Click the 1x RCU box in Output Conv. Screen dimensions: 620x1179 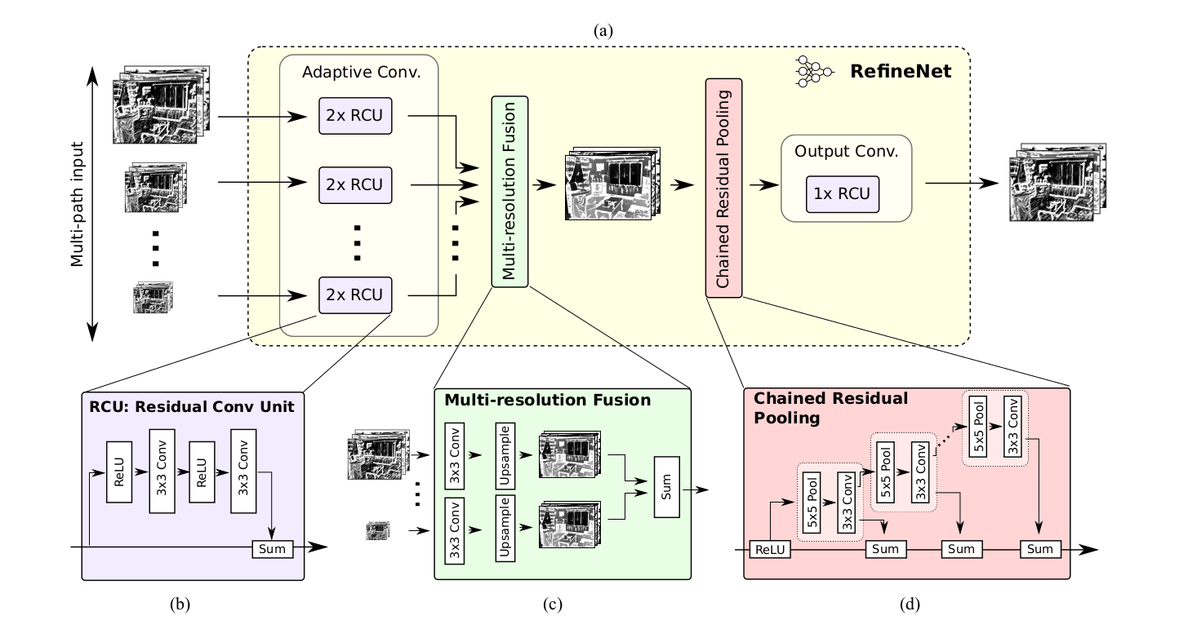click(x=843, y=193)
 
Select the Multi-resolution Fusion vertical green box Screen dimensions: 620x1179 click(x=509, y=192)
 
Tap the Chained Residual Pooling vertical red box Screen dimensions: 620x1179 click(x=723, y=188)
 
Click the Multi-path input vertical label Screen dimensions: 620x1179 click(x=78, y=203)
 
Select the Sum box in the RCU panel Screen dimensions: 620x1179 click(x=271, y=548)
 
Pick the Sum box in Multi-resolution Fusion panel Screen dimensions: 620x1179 click(x=667, y=494)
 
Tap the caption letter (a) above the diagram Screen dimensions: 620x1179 click(x=603, y=31)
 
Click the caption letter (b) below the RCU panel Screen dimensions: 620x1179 click(x=180, y=604)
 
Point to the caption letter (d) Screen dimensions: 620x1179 click(x=910, y=604)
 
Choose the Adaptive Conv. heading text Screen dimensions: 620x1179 click(x=360, y=73)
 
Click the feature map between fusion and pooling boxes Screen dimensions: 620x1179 click(x=610, y=184)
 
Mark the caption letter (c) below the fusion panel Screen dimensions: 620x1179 click(x=554, y=604)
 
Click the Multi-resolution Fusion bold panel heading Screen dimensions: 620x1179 click(x=547, y=401)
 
